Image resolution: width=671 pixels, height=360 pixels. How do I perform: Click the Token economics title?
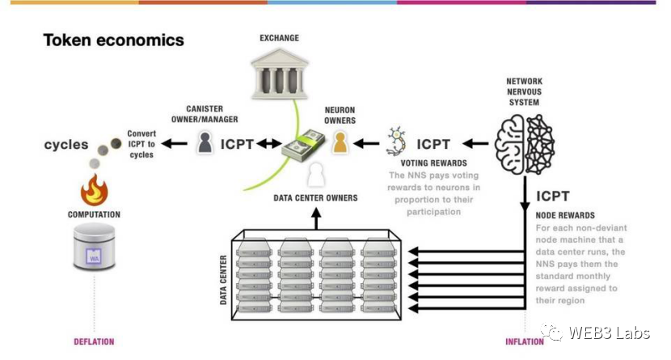(x=113, y=40)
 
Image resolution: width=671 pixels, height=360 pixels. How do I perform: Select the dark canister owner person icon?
(x=205, y=144)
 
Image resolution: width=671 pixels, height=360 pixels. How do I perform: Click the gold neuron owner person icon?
(x=340, y=143)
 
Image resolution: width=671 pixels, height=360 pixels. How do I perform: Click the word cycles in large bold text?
(x=66, y=145)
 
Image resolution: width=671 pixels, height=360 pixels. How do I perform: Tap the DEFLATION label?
(x=94, y=341)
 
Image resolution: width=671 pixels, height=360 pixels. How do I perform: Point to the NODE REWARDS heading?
(x=565, y=215)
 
